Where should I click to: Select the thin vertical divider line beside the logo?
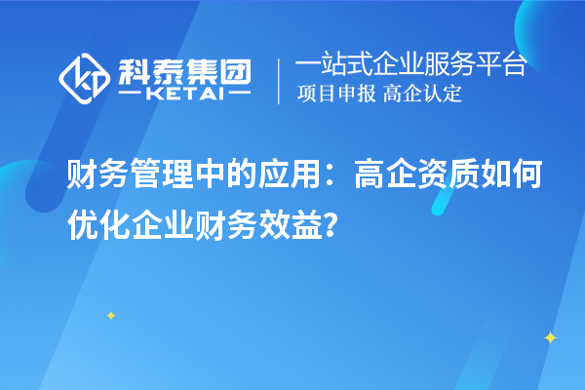coord(279,80)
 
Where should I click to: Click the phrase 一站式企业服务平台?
coord(410,65)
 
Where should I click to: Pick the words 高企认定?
coord(423,95)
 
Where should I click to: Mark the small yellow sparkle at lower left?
coord(110,315)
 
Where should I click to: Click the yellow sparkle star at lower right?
coord(549,337)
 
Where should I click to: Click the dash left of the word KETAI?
coord(133,95)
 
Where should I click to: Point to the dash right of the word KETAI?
coord(239,95)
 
